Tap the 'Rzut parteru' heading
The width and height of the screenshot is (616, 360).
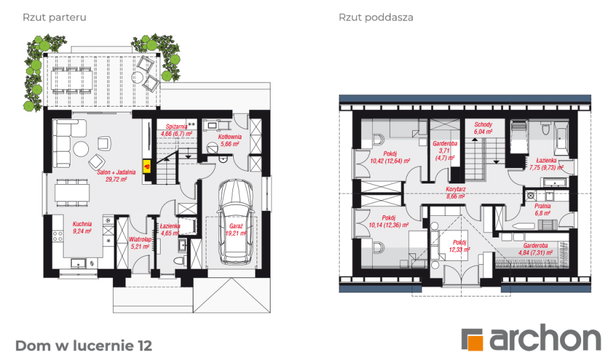coord(55,17)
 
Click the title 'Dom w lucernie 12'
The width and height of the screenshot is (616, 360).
coord(83,345)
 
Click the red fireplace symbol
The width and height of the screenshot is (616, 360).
coord(147,167)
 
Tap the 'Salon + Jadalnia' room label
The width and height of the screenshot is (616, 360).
coord(112,173)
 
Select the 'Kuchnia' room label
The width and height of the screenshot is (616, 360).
coord(83,223)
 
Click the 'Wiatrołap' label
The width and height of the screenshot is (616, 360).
coord(140,239)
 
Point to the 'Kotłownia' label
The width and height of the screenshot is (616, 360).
coord(230,137)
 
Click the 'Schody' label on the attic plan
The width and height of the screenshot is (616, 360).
coord(483,124)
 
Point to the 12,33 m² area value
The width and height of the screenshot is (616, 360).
coord(459,249)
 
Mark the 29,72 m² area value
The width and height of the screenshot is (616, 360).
coord(112,180)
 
